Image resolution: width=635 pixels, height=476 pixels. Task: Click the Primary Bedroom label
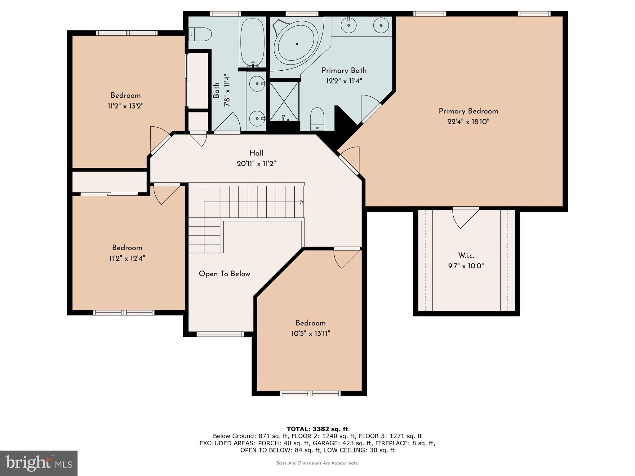pyautogui.click(x=468, y=111)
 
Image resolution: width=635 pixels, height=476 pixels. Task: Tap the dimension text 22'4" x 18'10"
pyautogui.click(x=468, y=122)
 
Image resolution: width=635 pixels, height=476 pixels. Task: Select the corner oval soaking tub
pyautogui.click(x=297, y=44)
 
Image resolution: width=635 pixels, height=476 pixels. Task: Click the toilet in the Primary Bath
pyautogui.click(x=317, y=119)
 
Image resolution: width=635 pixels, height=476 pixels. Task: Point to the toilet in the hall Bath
pyautogui.click(x=200, y=34)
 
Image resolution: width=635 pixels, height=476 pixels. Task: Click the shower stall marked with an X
pyautogui.click(x=284, y=101)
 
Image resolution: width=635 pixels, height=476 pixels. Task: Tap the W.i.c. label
pyautogui.click(x=466, y=255)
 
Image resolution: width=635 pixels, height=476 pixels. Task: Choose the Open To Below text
pyautogui.click(x=224, y=274)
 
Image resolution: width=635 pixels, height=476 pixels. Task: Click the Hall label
pyautogui.click(x=256, y=153)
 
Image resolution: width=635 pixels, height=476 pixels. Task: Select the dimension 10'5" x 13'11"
pyautogui.click(x=310, y=334)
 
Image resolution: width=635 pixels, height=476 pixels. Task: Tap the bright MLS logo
pyautogui.click(x=39, y=463)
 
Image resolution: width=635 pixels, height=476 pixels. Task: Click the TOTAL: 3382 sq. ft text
pyautogui.click(x=317, y=429)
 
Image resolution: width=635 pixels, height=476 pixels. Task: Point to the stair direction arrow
pyautogui.click(x=301, y=202)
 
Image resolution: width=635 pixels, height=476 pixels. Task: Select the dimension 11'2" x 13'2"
pyautogui.click(x=126, y=106)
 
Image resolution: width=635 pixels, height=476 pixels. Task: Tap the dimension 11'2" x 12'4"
pyautogui.click(x=127, y=258)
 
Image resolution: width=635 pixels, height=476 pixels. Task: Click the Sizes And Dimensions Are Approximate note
pyautogui.click(x=317, y=463)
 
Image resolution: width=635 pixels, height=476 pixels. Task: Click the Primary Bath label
pyautogui.click(x=344, y=70)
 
